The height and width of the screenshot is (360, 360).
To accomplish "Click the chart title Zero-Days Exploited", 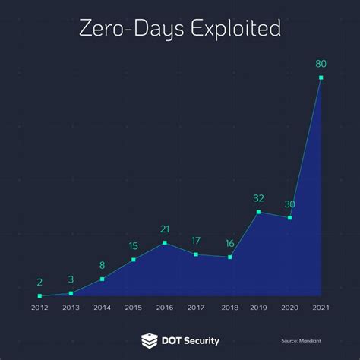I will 180,29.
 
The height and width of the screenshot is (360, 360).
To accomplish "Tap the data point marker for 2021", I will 322,77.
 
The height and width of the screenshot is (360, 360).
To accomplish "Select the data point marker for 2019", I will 259,212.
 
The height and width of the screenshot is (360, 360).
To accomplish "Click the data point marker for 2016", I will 165,243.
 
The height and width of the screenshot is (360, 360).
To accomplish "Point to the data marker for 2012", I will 39,295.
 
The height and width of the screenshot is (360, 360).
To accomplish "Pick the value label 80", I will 322,64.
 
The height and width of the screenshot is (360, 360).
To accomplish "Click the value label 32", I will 259,198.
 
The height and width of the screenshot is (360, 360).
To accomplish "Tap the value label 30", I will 290,204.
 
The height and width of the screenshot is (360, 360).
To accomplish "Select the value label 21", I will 165,229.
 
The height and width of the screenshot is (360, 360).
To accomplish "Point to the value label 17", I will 196,241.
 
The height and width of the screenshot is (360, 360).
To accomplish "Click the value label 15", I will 134,246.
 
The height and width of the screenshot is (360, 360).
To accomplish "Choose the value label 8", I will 103,265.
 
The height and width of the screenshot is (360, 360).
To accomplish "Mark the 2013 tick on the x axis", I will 71,308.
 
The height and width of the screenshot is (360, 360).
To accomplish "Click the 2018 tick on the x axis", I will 228,308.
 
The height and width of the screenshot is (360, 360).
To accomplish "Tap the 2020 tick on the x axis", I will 290,308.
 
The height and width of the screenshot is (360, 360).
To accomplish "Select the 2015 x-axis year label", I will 134,308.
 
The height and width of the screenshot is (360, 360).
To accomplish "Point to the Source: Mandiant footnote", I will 298,341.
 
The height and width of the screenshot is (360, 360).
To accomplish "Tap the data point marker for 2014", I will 103,279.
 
